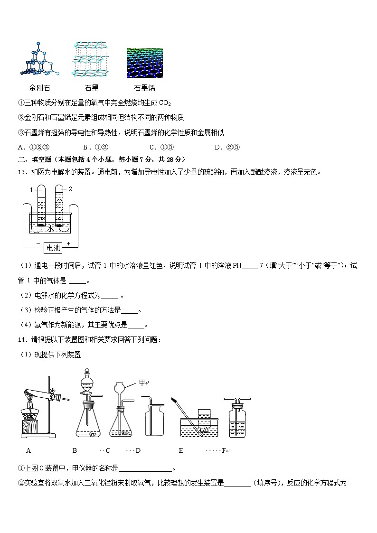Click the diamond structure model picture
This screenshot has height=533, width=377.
coord(39,60)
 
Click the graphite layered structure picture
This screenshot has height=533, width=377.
coord(91,59)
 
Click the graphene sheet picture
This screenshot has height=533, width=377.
coord(145,62)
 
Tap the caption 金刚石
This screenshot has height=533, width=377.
coord(39,88)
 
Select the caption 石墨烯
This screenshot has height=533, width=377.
coord(144,88)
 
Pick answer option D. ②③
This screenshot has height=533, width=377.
coord(226,147)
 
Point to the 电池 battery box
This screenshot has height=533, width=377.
coord(53,247)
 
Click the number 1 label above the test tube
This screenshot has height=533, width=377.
coord(31,189)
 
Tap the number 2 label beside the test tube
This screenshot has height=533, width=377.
coord(70,189)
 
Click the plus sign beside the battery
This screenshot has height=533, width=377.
coord(68,243)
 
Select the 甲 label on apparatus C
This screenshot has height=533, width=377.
coord(141,383)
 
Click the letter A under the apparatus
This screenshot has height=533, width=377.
coord(28,450)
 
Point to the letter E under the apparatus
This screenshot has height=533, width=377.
coord(181,450)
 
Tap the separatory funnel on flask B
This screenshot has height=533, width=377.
coord(87,383)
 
